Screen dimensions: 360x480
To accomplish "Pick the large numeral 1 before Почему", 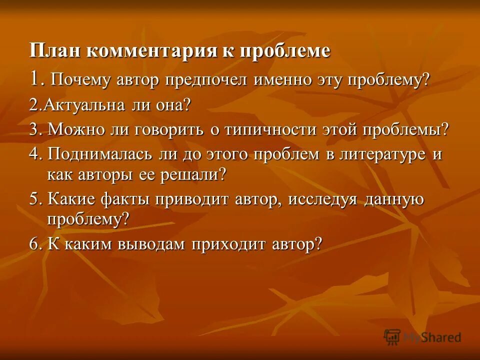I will (x=34, y=78).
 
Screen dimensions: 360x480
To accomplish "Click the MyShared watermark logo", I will (x=422, y=337).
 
